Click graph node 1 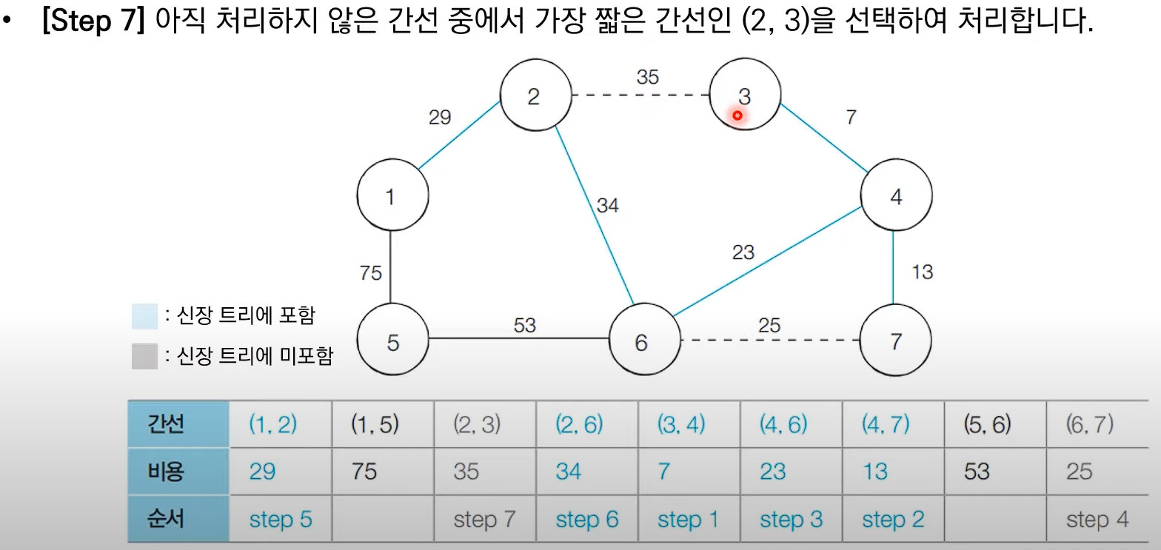(x=392, y=196)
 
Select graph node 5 (x=392, y=342)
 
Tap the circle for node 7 (x=896, y=342)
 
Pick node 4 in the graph (x=896, y=196)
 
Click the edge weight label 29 (x=440, y=117)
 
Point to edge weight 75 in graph (x=370, y=273)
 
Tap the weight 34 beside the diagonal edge (x=607, y=205)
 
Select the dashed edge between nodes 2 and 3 (x=640, y=95)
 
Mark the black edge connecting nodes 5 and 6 (x=518, y=339)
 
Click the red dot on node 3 (x=737, y=115)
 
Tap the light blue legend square (x=144, y=316)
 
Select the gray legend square (x=144, y=357)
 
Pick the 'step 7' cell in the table (x=484, y=520)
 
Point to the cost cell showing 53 (x=977, y=472)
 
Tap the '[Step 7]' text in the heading (x=96, y=24)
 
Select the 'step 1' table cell (x=688, y=520)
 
